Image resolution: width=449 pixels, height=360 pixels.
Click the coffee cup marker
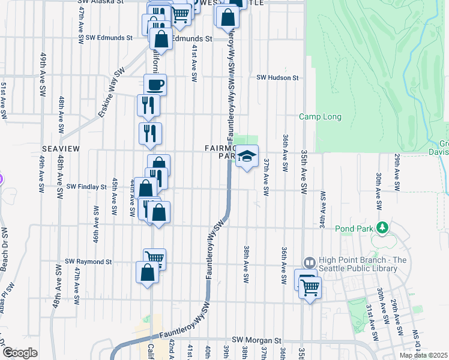(x=155, y=85)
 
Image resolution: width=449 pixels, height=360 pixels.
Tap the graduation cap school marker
(x=246, y=157)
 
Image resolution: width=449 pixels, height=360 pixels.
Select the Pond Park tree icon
(x=381, y=228)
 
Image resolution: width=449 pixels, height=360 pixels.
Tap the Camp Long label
(x=321, y=117)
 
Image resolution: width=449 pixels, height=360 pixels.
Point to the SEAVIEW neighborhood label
(x=58, y=148)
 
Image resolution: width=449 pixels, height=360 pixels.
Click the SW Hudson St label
(x=278, y=78)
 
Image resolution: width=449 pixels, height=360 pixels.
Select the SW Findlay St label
(x=86, y=187)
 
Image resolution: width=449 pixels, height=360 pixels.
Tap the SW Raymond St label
(x=89, y=262)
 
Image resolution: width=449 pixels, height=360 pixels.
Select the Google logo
(x=20, y=353)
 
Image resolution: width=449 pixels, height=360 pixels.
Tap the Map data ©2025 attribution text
(x=424, y=355)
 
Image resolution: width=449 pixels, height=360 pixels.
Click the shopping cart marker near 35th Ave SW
(x=310, y=287)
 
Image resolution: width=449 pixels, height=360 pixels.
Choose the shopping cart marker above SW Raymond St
(x=154, y=259)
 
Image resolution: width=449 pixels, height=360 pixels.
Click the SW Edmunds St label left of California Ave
(x=109, y=37)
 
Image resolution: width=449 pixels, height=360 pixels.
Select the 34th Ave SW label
(x=323, y=210)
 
